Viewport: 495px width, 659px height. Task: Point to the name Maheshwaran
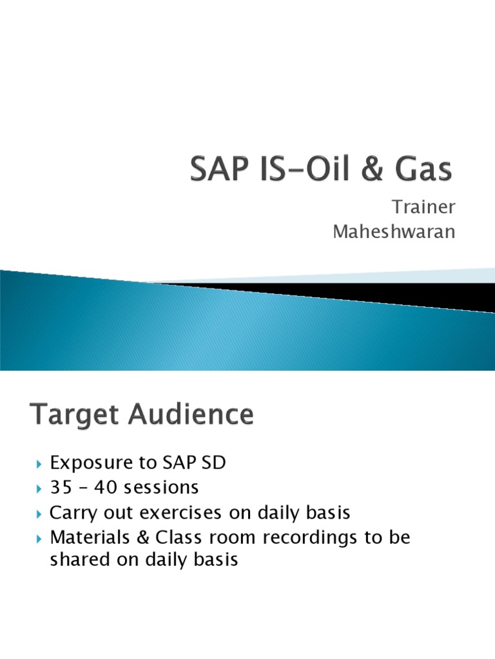coord(394,232)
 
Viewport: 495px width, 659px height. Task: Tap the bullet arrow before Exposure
coord(39,464)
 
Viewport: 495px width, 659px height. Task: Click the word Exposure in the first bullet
coord(95,463)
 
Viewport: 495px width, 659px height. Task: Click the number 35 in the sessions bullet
coord(60,488)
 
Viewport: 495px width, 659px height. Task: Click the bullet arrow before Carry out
coord(39,514)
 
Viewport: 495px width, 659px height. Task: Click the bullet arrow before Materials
coord(39,538)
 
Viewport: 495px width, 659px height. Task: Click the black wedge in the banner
coord(361,293)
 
